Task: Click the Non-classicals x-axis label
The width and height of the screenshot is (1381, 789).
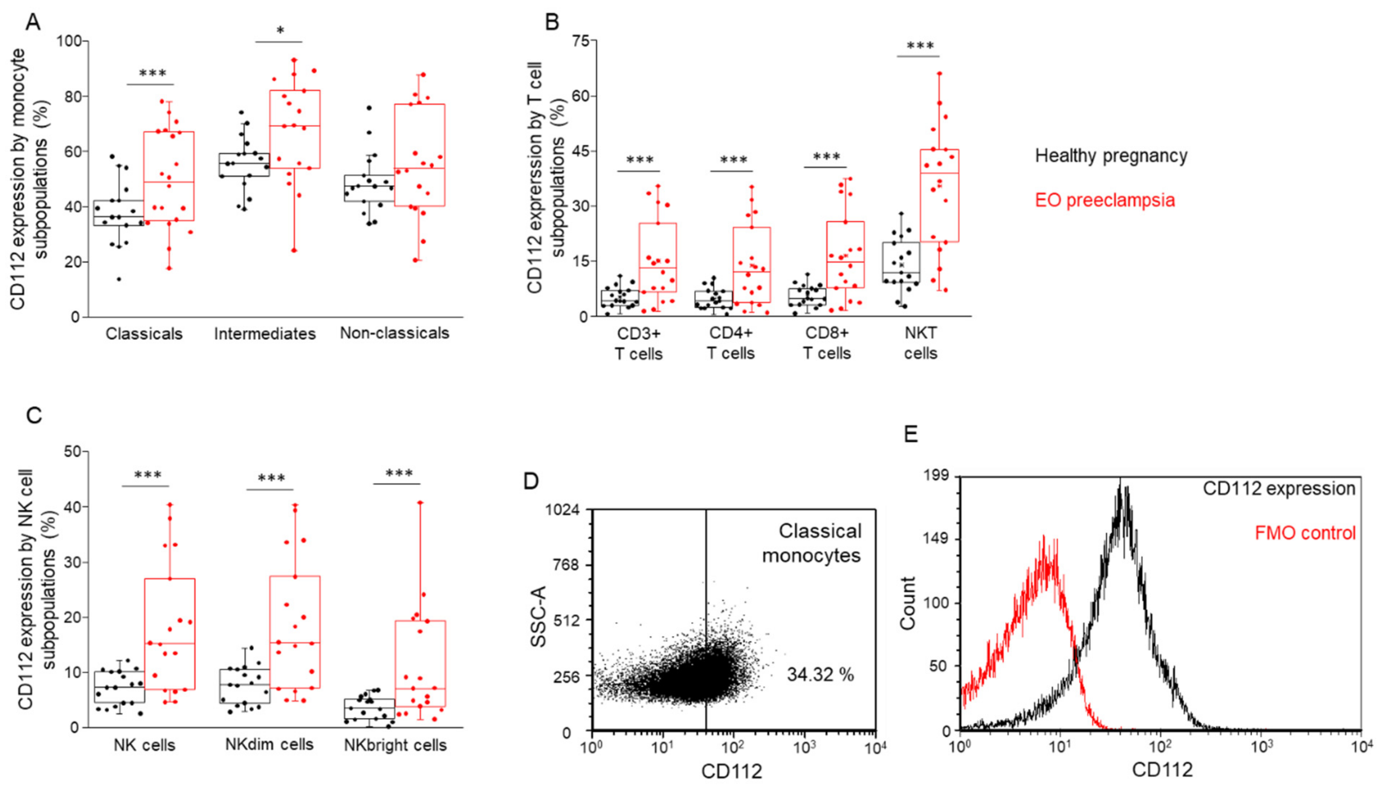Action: (394, 333)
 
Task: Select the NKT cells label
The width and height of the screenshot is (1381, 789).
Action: (920, 343)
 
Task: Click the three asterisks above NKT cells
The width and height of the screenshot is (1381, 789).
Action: (920, 46)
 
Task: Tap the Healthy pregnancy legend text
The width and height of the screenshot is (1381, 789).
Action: (1111, 155)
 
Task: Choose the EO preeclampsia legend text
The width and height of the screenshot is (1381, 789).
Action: (1105, 200)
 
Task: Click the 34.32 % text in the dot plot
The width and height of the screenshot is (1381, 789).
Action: (820, 675)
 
